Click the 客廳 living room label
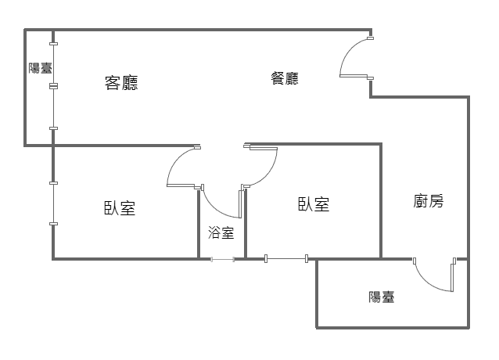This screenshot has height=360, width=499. pos(121,83)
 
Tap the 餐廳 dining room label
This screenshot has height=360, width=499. pos(285,78)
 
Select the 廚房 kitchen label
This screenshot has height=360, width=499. pos(429,201)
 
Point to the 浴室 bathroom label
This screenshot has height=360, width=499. pos(221,232)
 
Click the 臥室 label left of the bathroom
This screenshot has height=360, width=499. pos(120,208)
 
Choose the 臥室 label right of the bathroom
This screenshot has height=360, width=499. pos(313,204)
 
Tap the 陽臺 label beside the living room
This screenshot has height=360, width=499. pos(40,68)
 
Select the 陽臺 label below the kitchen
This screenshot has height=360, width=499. pos(382,297)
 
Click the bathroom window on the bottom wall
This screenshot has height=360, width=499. pos(222,259)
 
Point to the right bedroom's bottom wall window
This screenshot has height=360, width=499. pos(286,258)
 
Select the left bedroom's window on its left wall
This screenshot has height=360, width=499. pos(53,203)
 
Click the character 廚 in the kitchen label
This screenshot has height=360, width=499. pos(421,201)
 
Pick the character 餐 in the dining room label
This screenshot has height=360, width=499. pos(277,78)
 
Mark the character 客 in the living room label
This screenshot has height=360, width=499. pos(113,83)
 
